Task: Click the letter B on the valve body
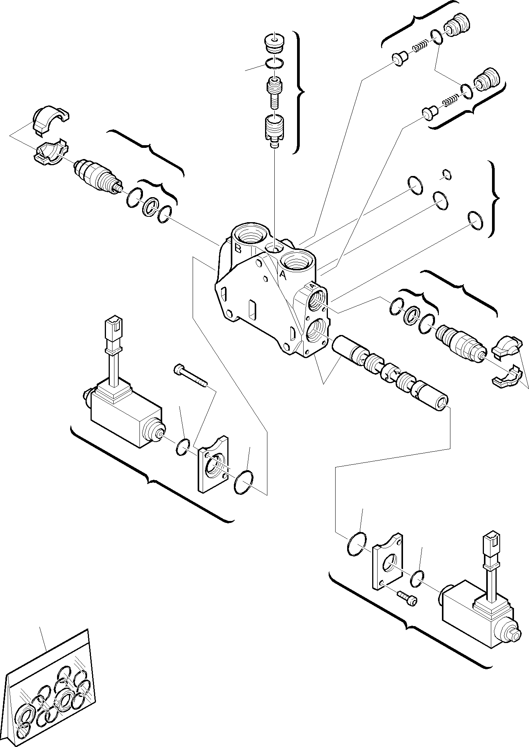(238, 248)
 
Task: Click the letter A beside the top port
(282, 275)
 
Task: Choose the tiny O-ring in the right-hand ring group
(446, 174)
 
